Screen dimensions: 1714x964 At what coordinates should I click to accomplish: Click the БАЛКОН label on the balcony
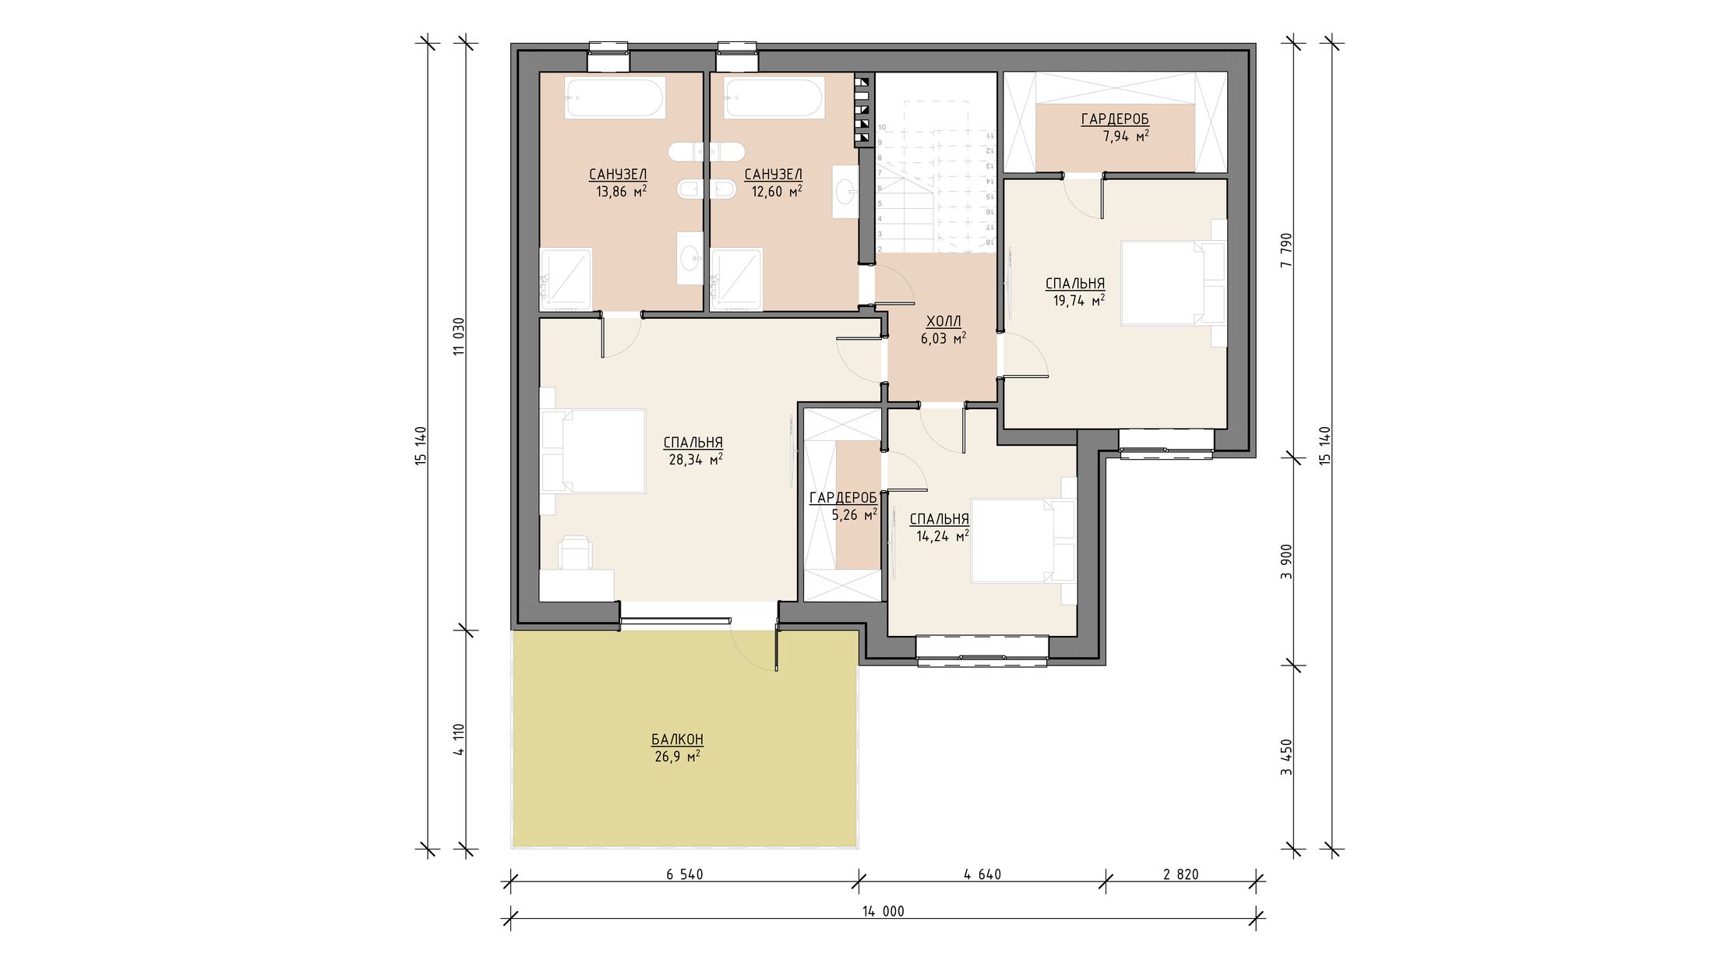click(x=677, y=739)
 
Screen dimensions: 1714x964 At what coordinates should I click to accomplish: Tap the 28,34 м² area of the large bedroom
click(x=696, y=460)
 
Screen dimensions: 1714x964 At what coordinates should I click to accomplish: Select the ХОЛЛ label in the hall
click(x=943, y=321)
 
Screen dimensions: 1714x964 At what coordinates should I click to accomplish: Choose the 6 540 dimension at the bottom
click(x=685, y=874)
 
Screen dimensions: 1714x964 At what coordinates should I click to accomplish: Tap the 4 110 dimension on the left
click(x=459, y=740)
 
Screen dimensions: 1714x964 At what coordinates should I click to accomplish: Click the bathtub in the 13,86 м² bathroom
click(x=615, y=98)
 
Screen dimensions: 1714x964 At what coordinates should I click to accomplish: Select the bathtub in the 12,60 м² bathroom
click(x=774, y=98)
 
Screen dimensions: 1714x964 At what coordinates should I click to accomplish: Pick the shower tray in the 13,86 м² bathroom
click(x=566, y=279)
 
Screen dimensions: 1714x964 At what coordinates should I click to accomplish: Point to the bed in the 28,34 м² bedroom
click(x=594, y=451)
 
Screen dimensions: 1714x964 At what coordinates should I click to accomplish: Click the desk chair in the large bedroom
click(x=575, y=552)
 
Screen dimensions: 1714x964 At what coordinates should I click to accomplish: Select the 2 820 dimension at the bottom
click(x=1181, y=874)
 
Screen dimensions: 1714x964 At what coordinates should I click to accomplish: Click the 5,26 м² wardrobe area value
click(x=855, y=514)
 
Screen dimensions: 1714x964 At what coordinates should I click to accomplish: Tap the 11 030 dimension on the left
click(x=459, y=337)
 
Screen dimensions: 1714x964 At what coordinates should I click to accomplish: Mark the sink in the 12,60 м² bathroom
click(x=845, y=192)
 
